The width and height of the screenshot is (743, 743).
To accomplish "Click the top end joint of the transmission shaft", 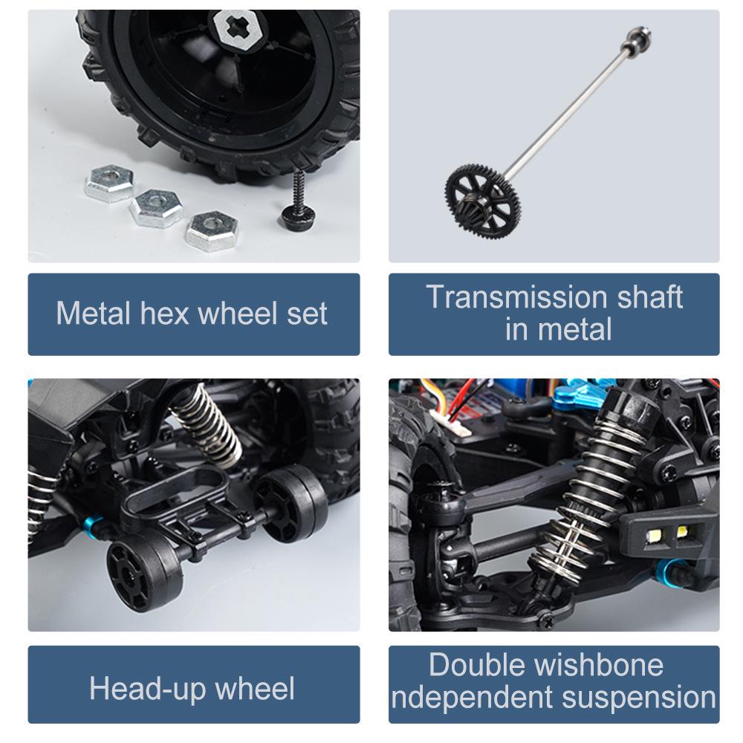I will coord(638,36).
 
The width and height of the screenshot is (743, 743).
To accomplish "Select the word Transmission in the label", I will coord(516,296).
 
